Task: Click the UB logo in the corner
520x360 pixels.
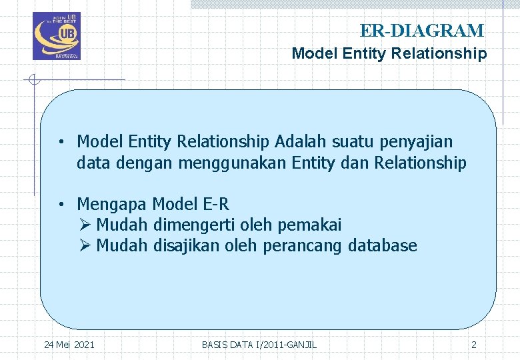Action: tap(56, 36)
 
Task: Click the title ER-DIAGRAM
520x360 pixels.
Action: tap(421, 31)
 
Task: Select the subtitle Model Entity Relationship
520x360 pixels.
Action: tap(389, 53)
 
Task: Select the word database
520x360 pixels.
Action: tap(383, 246)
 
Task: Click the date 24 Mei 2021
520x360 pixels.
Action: tap(69, 345)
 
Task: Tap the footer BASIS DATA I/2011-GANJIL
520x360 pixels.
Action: tap(259, 345)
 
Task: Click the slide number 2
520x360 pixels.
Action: tap(474, 345)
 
